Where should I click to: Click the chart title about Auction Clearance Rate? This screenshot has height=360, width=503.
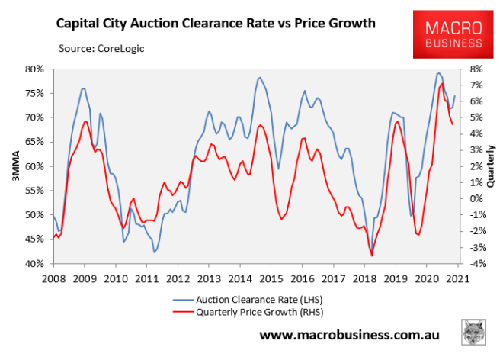coord(216,24)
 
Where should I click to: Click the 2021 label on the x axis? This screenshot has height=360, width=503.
coord(458,278)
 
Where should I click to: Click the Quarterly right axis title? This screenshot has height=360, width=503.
coord(492,166)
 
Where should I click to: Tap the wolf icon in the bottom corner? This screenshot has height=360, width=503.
coord(475,334)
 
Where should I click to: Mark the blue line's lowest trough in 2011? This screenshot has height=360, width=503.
coord(154,252)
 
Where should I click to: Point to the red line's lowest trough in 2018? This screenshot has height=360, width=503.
coord(372,256)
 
